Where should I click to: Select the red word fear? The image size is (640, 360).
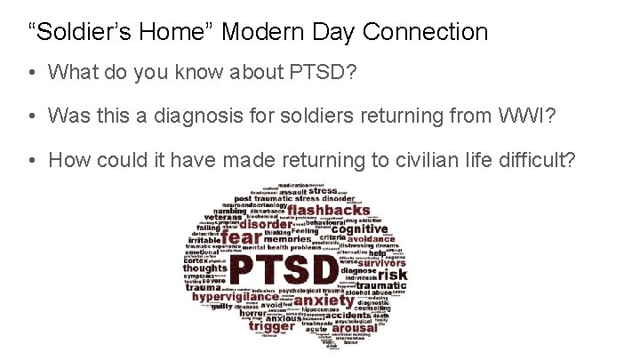coord(242,238)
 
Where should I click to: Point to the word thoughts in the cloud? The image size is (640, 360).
coord(205,268)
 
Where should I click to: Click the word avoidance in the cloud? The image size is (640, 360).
coord(372,239)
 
